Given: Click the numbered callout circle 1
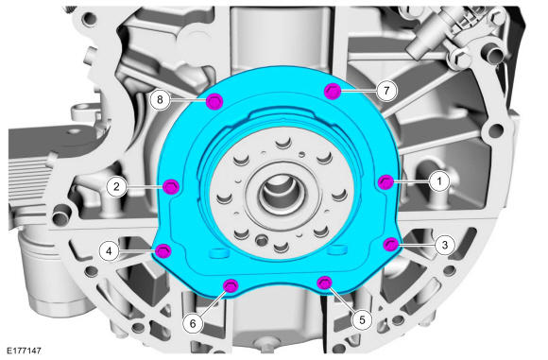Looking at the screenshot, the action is point(439,181).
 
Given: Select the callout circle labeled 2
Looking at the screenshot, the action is point(117,187).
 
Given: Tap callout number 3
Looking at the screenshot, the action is point(445,245).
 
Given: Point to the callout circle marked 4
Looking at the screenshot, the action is point(109,251).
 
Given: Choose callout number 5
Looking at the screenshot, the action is point(362,319).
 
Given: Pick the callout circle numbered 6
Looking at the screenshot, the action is point(193,324).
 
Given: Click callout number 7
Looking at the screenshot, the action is point(386,91).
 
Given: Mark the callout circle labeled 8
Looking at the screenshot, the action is point(160,99).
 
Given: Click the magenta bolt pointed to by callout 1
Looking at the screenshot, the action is point(385,181).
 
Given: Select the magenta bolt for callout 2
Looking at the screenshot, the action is point(171,187).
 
